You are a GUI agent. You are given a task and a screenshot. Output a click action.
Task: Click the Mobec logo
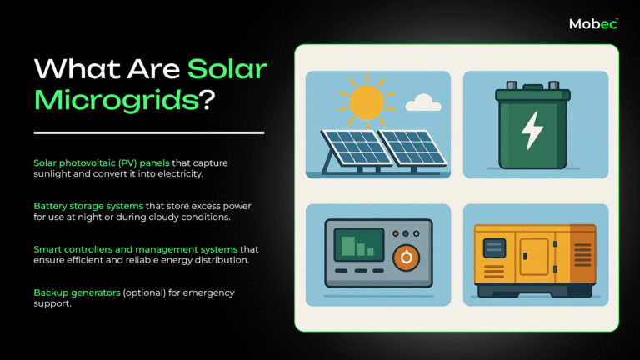coord(593,24)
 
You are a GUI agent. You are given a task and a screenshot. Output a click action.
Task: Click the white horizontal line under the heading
coord(149,132)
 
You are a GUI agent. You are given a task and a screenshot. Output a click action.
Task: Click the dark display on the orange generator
coord(495,248)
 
